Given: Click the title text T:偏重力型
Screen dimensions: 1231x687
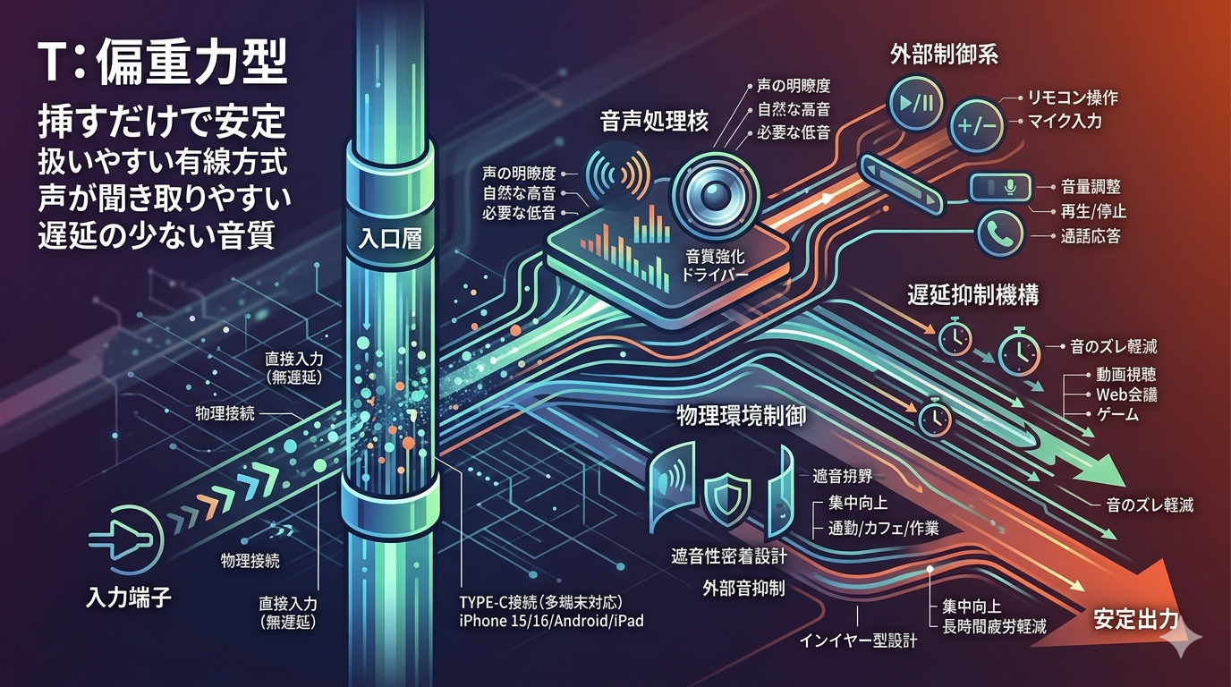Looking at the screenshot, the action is click(x=163, y=64).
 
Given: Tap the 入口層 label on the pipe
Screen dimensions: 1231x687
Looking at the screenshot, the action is click(x=390, y=239).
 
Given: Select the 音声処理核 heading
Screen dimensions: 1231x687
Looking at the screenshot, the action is click(x=654, y=121).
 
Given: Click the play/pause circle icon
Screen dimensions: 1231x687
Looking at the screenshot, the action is click(x=915, y=103).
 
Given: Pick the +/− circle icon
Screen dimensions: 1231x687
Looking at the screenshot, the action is click(x=977, y=126).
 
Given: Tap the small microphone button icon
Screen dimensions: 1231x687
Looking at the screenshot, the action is click(x=1000, y=188).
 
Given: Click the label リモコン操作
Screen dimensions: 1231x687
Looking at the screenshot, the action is click(x=1072, y=98).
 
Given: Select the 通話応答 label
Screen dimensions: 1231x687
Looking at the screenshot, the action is click(x=1090, y=236).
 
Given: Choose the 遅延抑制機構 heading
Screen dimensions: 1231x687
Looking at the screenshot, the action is click(x=972, y=295).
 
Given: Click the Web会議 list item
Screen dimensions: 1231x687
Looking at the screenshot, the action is click(x=1126, y=394).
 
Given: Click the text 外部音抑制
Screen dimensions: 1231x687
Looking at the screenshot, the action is click(x=743, y=588).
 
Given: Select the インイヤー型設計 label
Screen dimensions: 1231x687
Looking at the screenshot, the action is click(x=857, y=640).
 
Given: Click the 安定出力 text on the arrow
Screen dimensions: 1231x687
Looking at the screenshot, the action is click(x=1134, y=619).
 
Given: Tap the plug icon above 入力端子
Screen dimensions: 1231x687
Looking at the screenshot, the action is click(x=126, y=540).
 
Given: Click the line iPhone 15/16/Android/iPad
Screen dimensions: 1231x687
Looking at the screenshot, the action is click(x=551, y=621).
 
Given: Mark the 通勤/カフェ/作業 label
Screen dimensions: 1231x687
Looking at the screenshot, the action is click(x=883, y=528).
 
